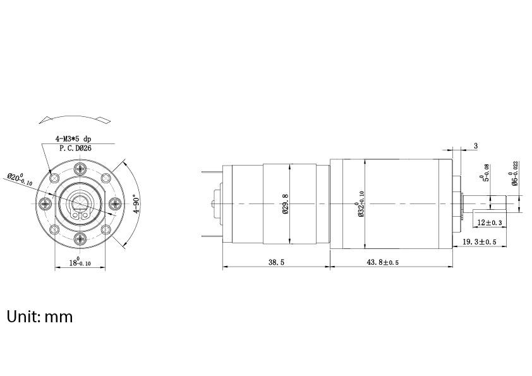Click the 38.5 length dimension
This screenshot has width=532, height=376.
tap(276, 262)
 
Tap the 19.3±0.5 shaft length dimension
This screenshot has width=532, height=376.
tap(479, 241)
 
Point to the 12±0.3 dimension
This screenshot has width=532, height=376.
tap(490, 222)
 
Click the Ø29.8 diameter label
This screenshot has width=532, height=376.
tap(286, 203)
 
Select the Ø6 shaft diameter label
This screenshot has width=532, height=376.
tap(515, 173)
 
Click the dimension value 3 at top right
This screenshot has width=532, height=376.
tap(475, 146)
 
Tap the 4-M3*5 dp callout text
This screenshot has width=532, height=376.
tap(73, 138)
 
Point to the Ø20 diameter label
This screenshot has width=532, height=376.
tap(20, 178)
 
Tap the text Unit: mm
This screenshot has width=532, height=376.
tap(40, 316)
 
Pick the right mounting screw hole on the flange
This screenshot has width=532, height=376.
tap(114, 203)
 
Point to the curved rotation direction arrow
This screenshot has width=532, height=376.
tap(73, 118)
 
